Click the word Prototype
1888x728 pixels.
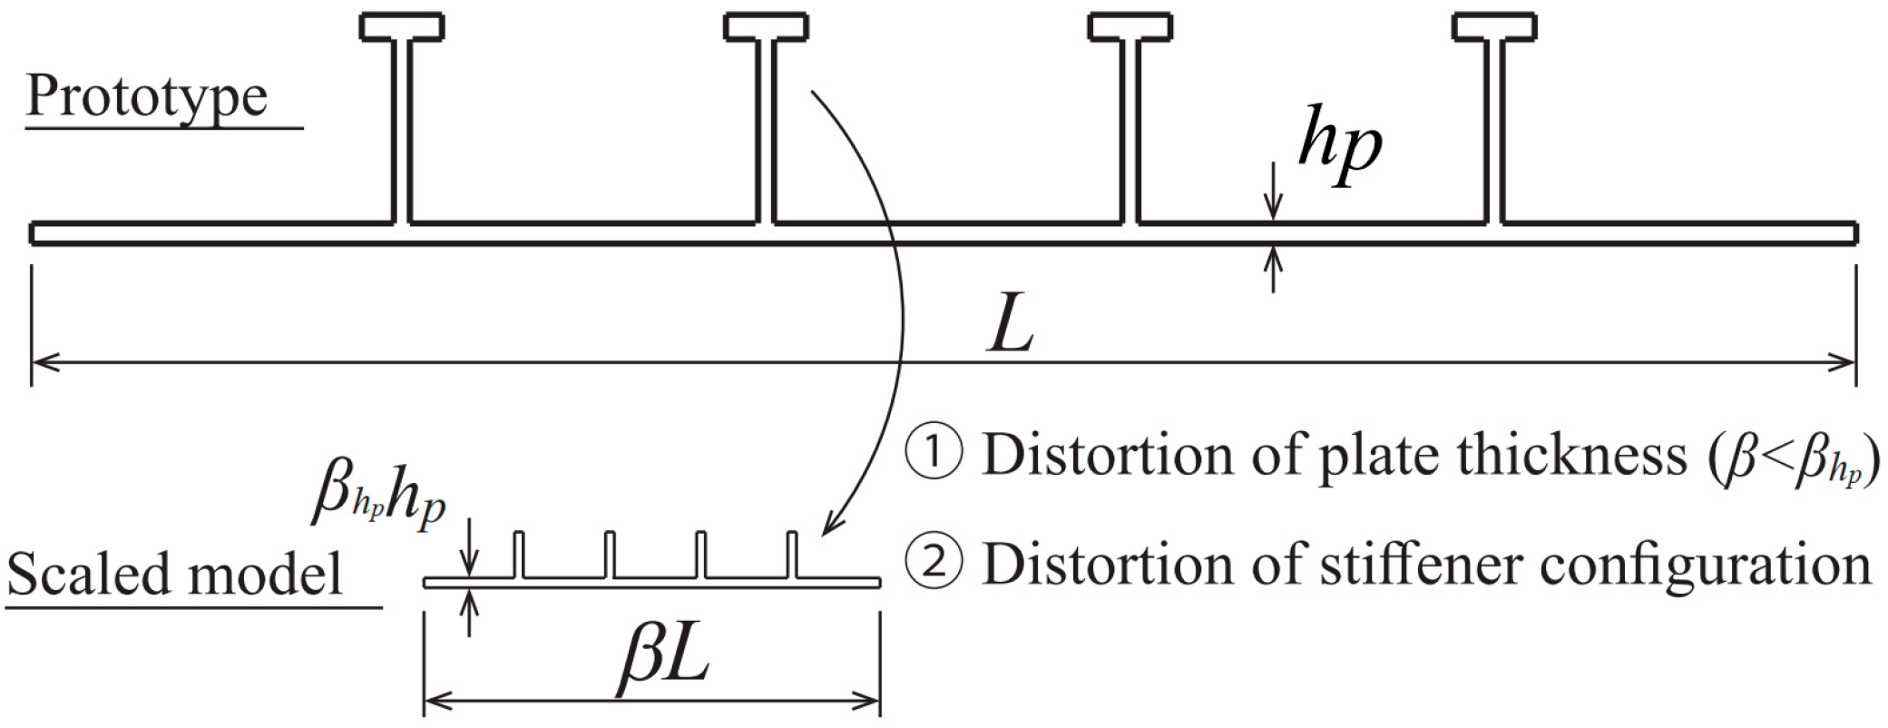(147, 97)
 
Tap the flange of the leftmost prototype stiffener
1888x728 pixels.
(402, 26)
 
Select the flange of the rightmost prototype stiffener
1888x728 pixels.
(1494, 26)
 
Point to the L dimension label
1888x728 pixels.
(1011, 325)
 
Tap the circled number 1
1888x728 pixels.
(934, 454)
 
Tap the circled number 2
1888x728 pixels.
(934, 563)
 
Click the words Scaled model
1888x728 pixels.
(175, 574)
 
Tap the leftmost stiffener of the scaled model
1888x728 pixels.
(520, 555)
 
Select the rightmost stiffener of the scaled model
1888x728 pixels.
(792, 555)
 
